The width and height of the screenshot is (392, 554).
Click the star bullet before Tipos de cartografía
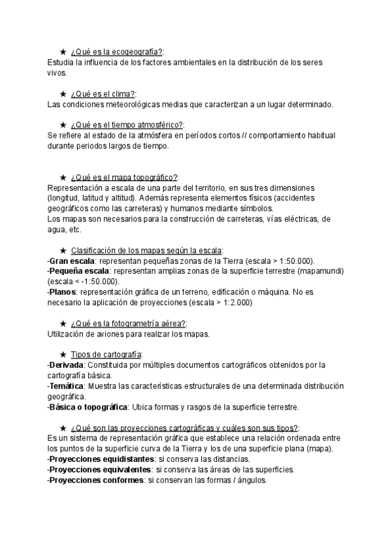point(63,354)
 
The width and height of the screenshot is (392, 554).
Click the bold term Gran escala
point(68,261)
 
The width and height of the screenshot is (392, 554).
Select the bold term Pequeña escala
point(75,271)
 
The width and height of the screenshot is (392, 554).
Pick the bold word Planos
point(63,292)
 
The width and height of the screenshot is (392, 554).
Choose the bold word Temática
point(66,385)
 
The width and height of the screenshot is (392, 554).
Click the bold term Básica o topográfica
point(88,406)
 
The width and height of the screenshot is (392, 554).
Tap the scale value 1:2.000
point(233,302)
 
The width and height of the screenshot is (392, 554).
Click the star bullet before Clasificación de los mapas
point(63,250)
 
